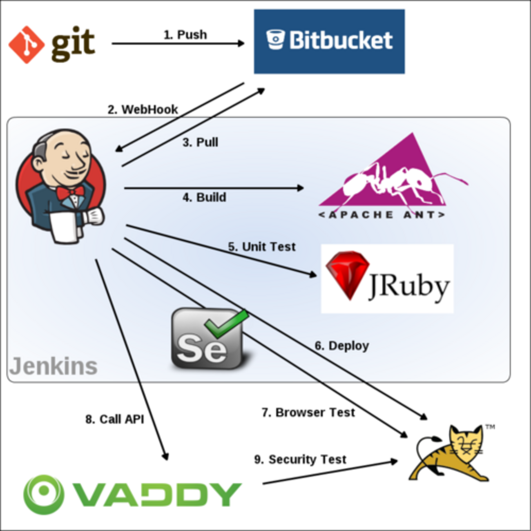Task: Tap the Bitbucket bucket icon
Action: point(275,40)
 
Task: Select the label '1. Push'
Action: point(185,35)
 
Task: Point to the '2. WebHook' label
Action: point(143,109)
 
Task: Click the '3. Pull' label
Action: point(200,142)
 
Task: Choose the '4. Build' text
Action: point(204,197)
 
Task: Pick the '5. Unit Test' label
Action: point(262,247)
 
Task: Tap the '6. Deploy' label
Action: point(341,346)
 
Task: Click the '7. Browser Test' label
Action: point(308,413)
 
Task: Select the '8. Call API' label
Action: point(115,419)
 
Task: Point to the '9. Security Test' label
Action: point(300,460)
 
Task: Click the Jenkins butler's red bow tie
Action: point(70,192)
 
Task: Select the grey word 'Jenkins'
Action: point(54,366)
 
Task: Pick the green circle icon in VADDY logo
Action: point(43,494)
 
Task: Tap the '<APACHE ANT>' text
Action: point(382,214)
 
